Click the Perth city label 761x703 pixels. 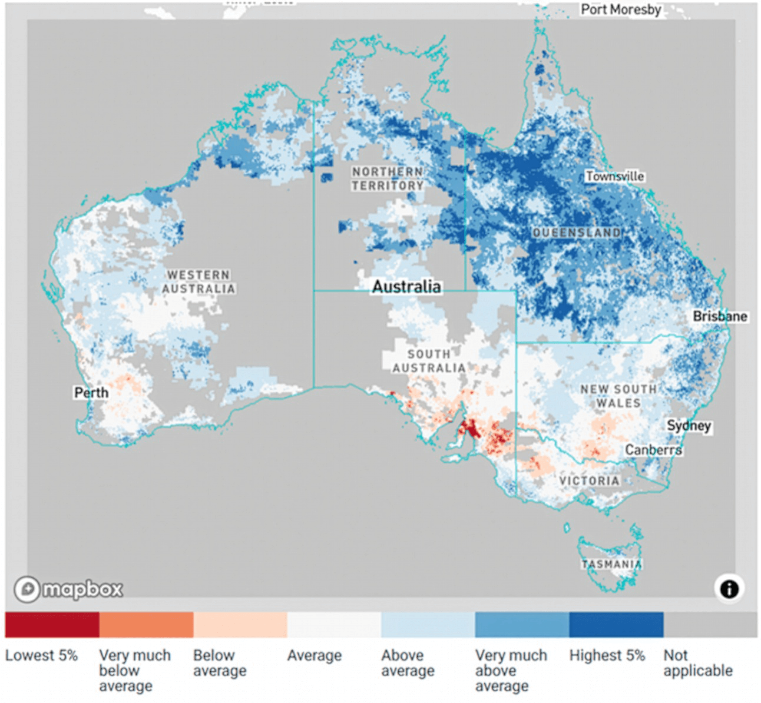(x=91, y=393)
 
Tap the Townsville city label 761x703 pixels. (x=614, y=177)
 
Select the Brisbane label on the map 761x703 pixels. (x=719, y=317)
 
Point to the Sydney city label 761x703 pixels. (x=689, y=426)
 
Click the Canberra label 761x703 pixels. (x=653, y=450)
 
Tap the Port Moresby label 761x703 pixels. (x=620, y=9)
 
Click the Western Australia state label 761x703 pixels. (x=198, y=282)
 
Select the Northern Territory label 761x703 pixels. (x=388, y=178)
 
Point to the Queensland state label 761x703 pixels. (x=576, y=233)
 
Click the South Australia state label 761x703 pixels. (x=429, y=361)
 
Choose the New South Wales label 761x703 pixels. (x=618, y=396)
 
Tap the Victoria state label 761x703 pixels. (x=589, y=481)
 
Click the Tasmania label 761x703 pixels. (x=611, y=564)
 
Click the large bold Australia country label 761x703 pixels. (x=406, y=287)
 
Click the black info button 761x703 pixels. (x=729, y=588)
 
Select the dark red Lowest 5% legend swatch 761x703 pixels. (x=52, y=625)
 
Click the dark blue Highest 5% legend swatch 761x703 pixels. (x=616, y=625)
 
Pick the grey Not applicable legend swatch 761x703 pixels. (x=710, y=625)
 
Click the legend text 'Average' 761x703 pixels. (x=314, y=655)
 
